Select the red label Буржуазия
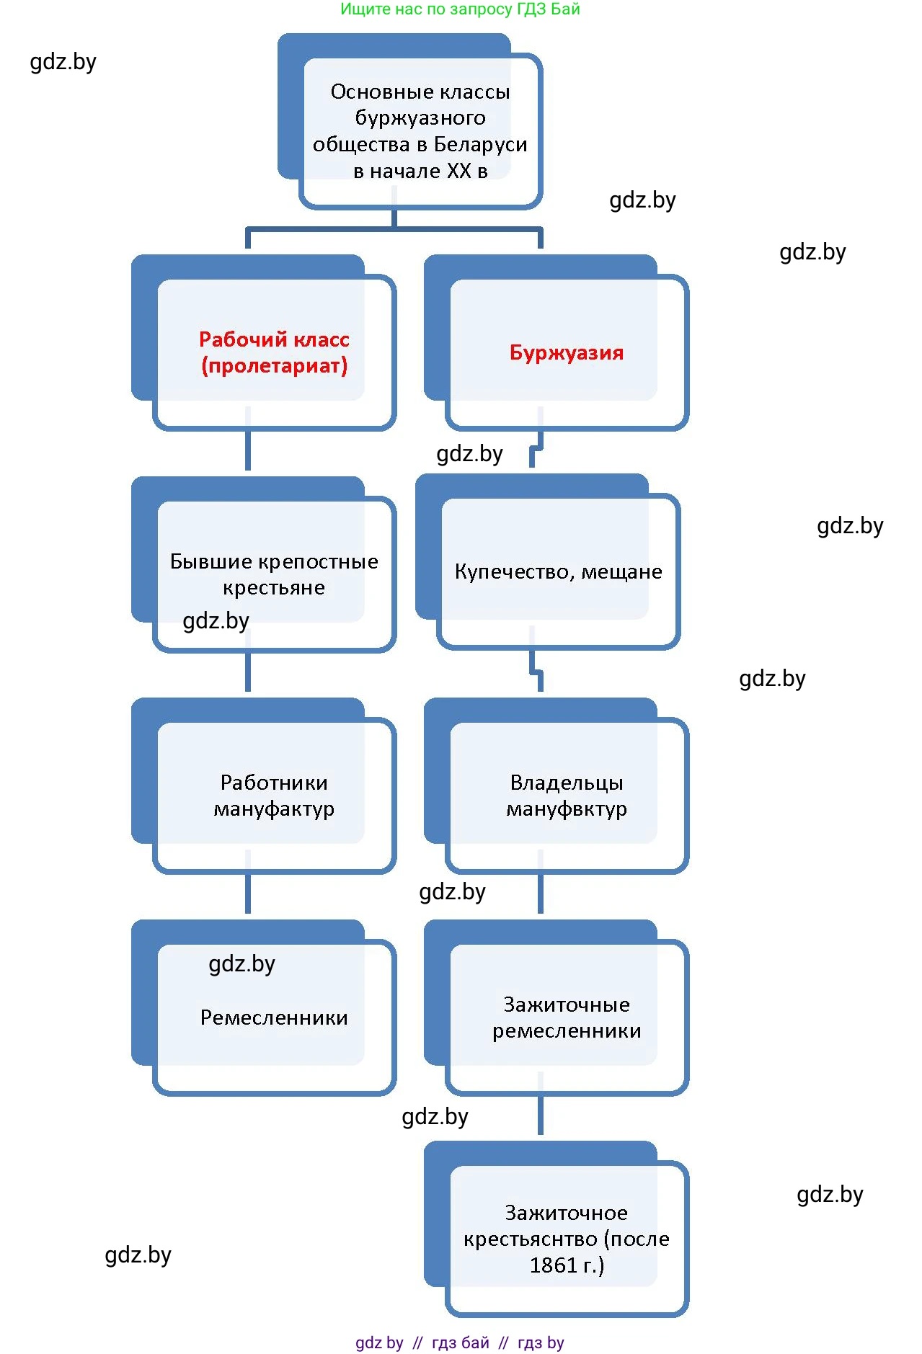[566, 353]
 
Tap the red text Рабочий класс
[274, 339]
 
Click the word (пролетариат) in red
[274, 366]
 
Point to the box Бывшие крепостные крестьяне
[274, 574]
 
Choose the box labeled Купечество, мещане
[558, 571]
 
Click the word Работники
[274, 783]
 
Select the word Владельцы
[566, 783]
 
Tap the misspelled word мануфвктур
[566, 809]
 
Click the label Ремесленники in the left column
[274, 1017]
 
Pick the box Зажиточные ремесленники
[566, 1017]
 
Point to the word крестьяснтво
[531, 1239]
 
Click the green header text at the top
[460, 9]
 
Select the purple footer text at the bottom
[460, 1342]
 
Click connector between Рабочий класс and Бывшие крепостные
[248, 451]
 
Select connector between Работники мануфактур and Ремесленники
[248, 894]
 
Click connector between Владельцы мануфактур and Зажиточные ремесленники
[540, 894]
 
